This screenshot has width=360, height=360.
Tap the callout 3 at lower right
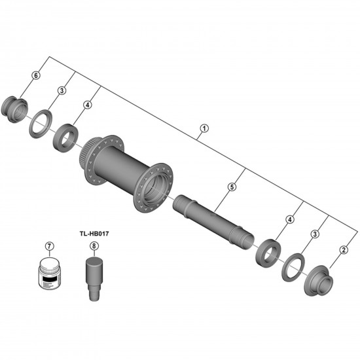315,234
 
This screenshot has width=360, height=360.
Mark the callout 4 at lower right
289,219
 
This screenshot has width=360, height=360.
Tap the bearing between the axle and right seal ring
267,251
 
